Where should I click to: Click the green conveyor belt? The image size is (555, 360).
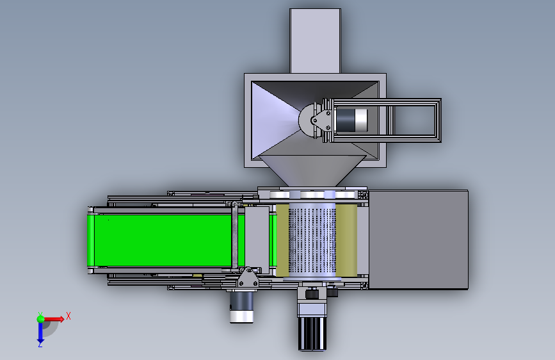(x=163, y=241)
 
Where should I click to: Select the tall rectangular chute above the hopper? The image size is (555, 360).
(x=315, y=41)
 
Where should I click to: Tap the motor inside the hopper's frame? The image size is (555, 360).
(x=351, y=120)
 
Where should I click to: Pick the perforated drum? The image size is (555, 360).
(x=312, y=241)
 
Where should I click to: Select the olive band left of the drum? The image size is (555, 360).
(x=282, y=240)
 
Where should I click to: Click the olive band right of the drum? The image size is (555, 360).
(x=346, y=240)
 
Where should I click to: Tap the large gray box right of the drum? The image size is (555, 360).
(x=419, y=240)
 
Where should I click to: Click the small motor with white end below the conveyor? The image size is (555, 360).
(x=241, y=307)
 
